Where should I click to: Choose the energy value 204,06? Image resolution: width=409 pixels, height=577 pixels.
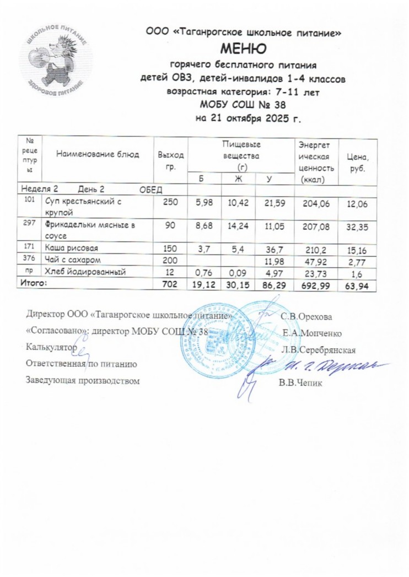coord(316,203)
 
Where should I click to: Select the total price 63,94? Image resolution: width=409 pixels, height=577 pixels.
coord(358,284)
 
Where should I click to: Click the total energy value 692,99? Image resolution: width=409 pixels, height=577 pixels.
coord(316,284)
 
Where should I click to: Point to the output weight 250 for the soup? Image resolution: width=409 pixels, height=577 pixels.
coord(171,203)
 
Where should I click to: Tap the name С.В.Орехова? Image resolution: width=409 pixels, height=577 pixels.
coord(306,316)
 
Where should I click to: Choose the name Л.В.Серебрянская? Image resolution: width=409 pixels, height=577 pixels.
coord(318,349)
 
